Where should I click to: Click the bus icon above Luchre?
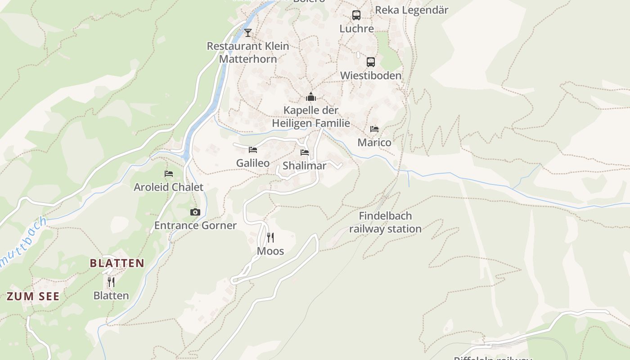pos(356,15)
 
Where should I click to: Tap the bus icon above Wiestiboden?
pos(370,62)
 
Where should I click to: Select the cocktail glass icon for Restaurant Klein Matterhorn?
pos(247,32)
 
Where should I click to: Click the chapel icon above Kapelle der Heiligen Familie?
pos(310,97)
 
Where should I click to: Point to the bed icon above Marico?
pos(374,129)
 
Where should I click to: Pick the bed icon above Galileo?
pos(253,149)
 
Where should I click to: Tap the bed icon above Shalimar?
pos(305,152)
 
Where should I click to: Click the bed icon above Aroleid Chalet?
pos(169,173)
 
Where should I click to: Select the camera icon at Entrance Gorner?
pos(195,212)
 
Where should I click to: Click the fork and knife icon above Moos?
pos(270,237)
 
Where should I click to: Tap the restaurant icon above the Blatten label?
pos(111,282)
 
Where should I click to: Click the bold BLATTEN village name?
pos(117,263)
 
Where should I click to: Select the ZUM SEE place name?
pos(33,296)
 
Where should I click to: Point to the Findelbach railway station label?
pos(385,222)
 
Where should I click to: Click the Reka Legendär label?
pos(411,10)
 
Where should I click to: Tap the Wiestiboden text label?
pos(370,76)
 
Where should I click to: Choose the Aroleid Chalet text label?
pos(168,187)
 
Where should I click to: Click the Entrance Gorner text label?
pos(195,225)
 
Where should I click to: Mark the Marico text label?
pos(374,143)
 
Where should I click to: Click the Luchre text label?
pos(356,29)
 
